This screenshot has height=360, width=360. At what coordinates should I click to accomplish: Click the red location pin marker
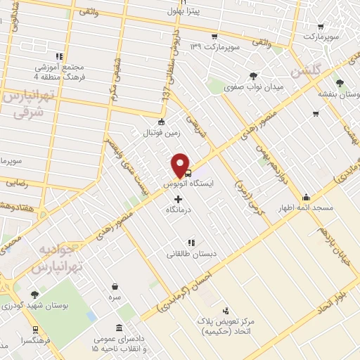coord(181,165)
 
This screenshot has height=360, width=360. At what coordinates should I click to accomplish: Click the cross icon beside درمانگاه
coord(177,199)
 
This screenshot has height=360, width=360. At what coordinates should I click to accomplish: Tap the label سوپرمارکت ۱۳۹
coord(216,47)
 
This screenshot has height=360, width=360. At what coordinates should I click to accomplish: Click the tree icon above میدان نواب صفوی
coord(253,76)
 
